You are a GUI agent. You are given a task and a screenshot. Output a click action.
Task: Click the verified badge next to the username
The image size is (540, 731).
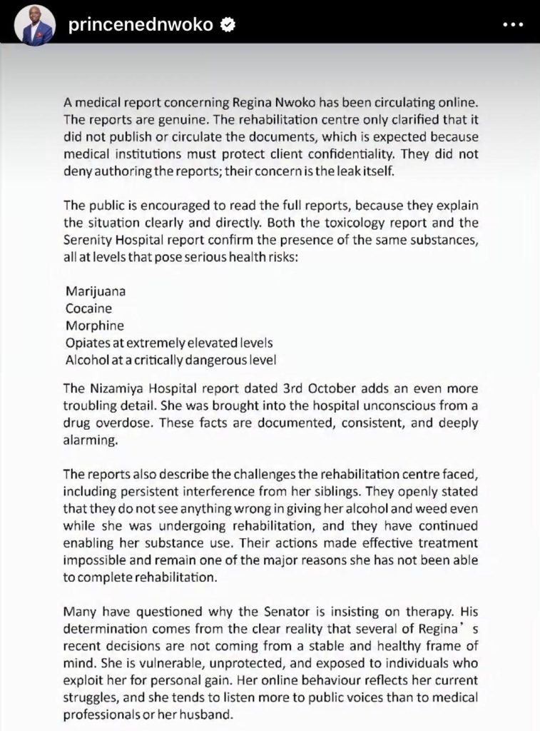228,25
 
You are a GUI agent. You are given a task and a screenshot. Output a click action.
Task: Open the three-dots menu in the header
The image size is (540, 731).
514,25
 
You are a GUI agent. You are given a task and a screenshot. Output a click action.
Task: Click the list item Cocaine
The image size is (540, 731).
88,309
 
